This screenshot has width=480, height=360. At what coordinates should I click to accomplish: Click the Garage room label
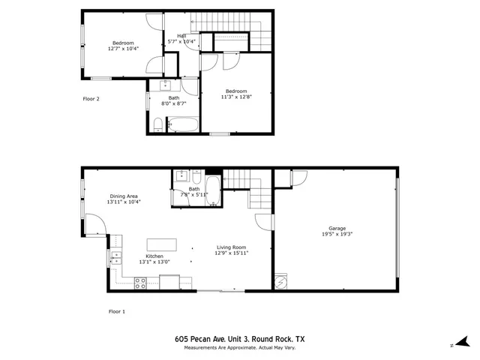[x=337, y=228]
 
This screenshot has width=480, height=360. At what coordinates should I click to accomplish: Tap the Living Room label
[x=232, y=247]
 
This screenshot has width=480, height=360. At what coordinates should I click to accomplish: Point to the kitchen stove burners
[x=139, y=283]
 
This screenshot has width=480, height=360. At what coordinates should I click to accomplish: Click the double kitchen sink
[x=116, y=259]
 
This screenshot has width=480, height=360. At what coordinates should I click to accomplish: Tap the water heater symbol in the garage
[x=280, y=282]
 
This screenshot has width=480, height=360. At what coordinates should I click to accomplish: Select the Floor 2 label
[x=91, y=98]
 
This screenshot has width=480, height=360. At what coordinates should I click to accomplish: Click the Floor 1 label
[x=117, y=310]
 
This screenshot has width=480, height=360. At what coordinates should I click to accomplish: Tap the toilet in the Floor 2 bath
[x=156, y=124]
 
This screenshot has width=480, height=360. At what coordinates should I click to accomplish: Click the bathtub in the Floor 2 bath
[x=182, y=124]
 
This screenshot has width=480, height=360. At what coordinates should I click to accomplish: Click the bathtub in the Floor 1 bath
[x=212, y=191]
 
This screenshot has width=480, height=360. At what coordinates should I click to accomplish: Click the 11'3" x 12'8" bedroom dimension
[x=236, y=97]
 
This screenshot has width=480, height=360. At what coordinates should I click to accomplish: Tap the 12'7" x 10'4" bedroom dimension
[x=123, y=49]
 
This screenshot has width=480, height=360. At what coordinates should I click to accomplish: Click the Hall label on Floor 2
[x=181, y=35]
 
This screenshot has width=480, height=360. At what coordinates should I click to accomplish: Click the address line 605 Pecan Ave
[x=239, y=339]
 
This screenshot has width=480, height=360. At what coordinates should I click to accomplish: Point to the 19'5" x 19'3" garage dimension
[x=337, y=234]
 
